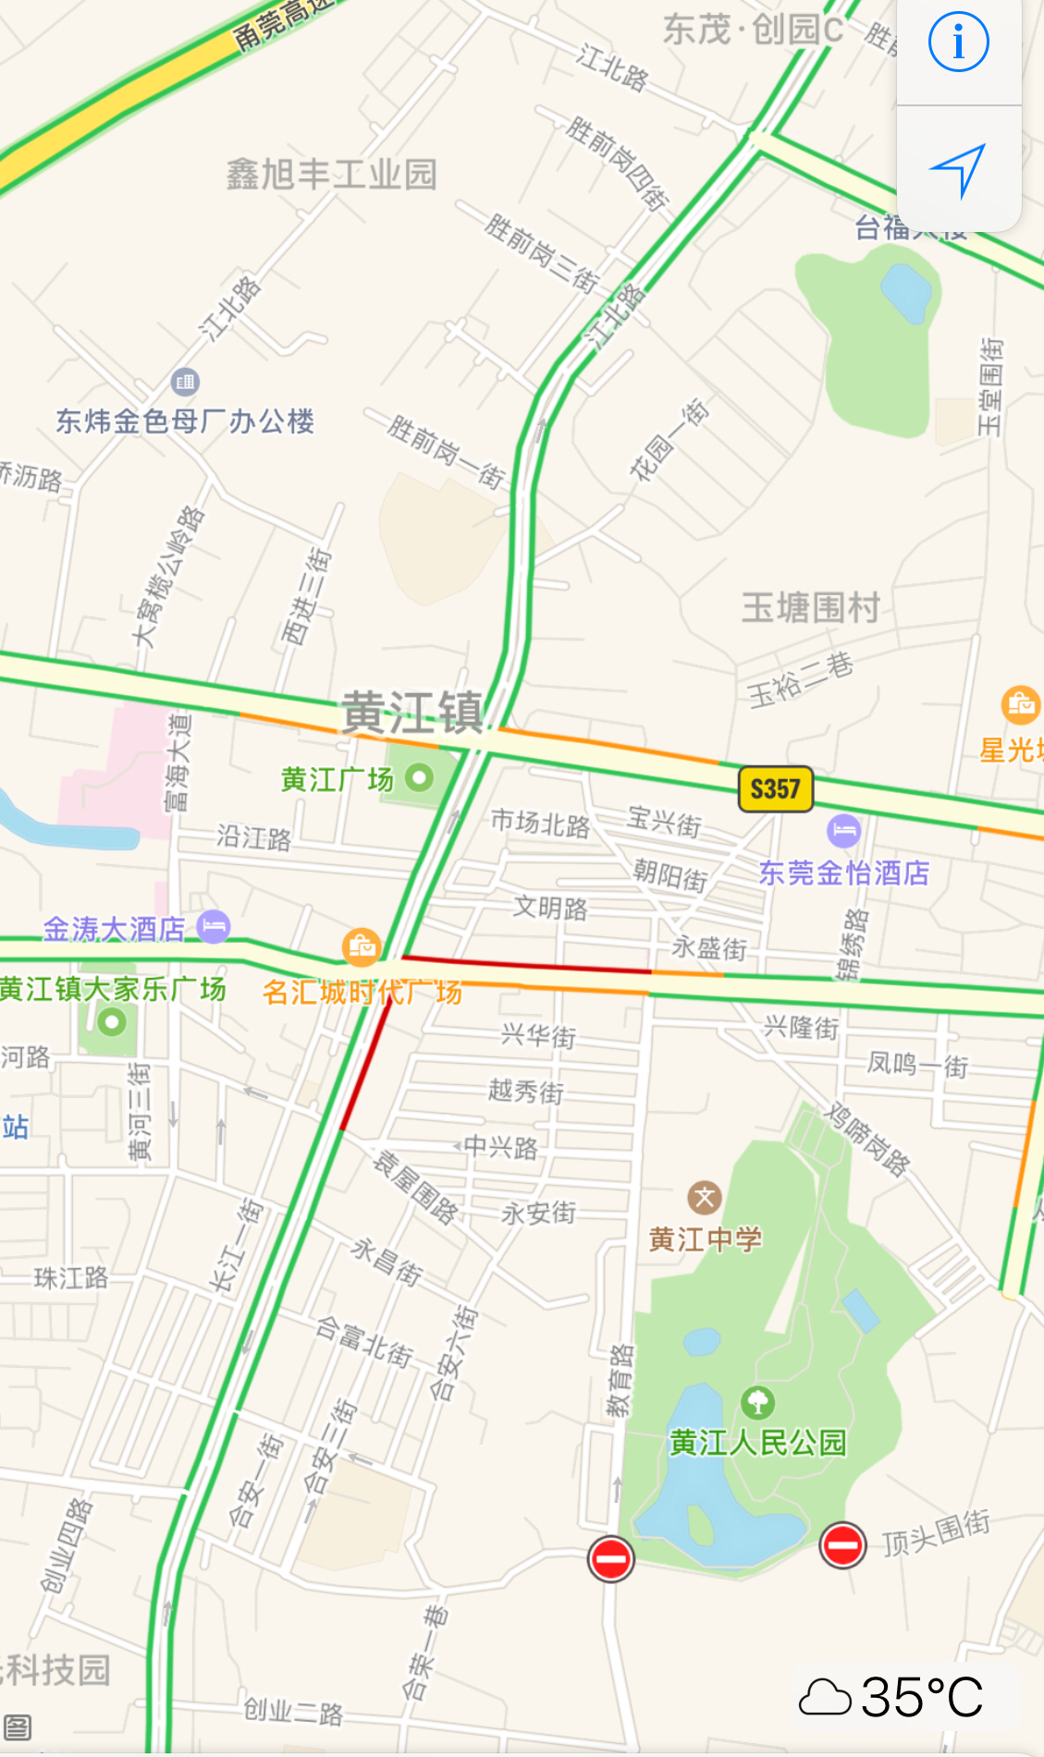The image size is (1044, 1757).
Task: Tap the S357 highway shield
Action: pos(775,788)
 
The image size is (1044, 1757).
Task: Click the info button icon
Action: pos(958,43)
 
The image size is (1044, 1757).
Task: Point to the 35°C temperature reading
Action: pos(921,1697)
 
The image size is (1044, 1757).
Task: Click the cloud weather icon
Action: pos(824,1698)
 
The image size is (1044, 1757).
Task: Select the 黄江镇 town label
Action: pos(412,713)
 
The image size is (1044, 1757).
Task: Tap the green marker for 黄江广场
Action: pos(419,777)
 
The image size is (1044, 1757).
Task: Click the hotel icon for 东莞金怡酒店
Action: pos(843,830)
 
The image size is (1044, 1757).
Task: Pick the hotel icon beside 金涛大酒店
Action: pos(214,926)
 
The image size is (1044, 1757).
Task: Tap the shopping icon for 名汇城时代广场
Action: pos(362,946)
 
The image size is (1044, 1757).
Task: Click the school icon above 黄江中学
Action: pos(705,1199)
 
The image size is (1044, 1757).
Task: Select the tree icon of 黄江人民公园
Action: pos(757,1402)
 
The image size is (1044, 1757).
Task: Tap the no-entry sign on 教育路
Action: pos(610,1559)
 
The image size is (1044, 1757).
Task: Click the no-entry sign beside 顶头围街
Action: pos(842,1544)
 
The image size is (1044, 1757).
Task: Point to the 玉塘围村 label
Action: pos(810,608)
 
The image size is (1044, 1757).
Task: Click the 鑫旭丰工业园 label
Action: pos(331,174)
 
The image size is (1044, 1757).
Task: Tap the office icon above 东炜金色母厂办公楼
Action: pos(185,381)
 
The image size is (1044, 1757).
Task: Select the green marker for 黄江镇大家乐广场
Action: pos(112,1022)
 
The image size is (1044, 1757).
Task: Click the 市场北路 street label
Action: pos(540,823)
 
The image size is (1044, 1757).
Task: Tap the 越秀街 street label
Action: pos(525,1092)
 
